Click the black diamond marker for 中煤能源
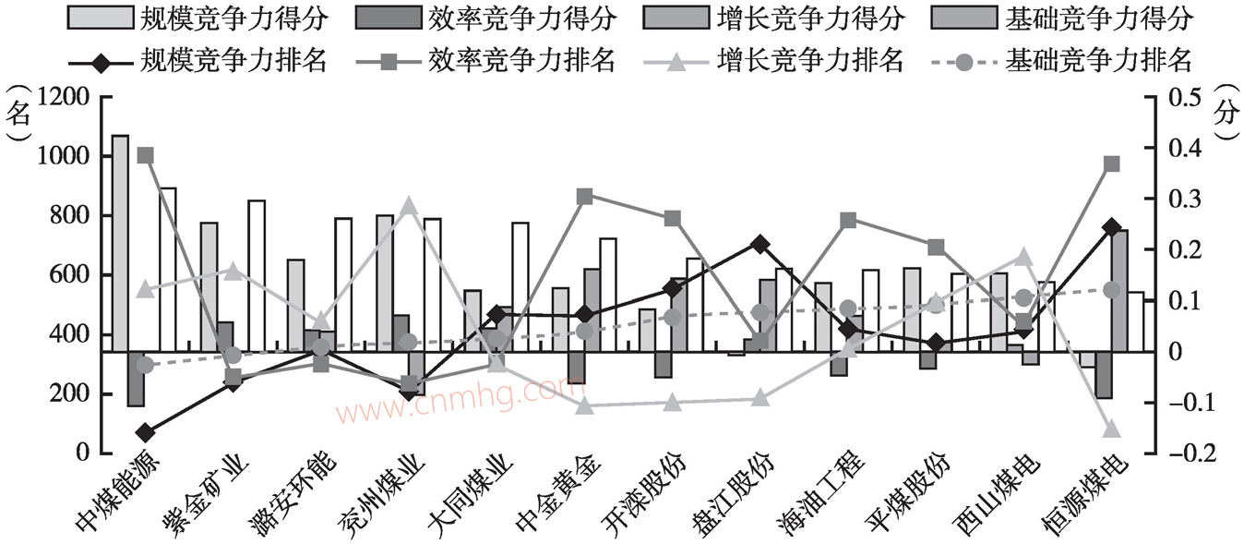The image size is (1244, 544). tap(145, 432)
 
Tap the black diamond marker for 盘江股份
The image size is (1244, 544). tap(760, 245)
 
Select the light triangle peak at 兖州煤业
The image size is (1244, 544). tap(409, 205)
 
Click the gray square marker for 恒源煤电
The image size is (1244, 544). tap(1111, 163)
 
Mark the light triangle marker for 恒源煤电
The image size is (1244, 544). tap(1111, 429)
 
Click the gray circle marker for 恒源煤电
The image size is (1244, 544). tap(1111, 290)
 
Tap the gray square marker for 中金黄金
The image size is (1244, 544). tap(584, 196)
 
